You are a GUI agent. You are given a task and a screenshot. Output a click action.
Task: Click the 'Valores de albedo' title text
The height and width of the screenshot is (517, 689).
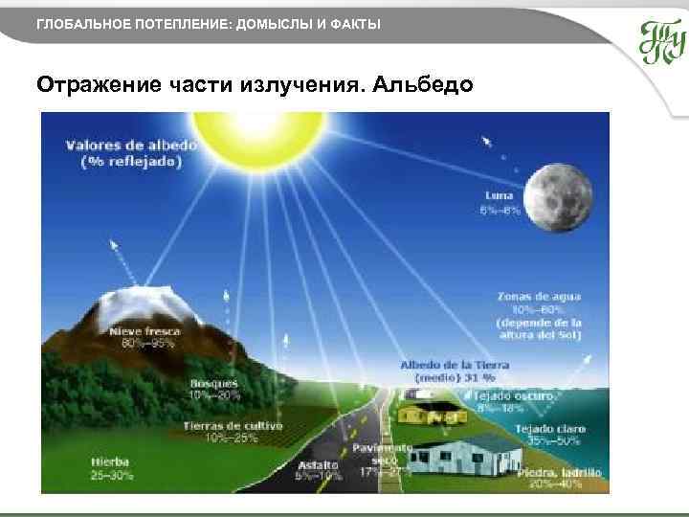[132, 146]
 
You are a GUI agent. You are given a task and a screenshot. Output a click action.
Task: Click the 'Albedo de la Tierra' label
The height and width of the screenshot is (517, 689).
[455, 365]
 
